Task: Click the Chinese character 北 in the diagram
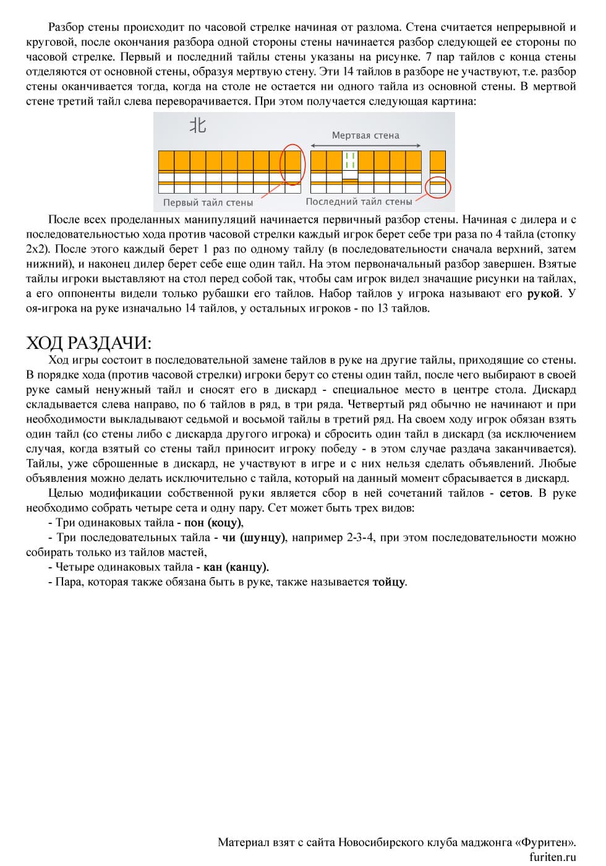pos(197,126)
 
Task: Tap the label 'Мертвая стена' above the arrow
pos(365,135)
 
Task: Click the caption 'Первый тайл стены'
pos(208,202)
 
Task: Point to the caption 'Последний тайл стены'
pos(359,202)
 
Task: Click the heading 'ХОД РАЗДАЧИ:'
pos(88,343)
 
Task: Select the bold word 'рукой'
pos(543,294)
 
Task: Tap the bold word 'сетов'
pos(514,493)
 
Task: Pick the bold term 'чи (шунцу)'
pos(254,538)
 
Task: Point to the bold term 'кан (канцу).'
pos(236,567)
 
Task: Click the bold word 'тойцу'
pos(389,582)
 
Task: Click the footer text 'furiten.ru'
pos(552,857)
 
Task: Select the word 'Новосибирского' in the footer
pos(379,842)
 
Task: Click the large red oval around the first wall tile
pos(292,164)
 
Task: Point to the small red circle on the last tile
pos(438,186)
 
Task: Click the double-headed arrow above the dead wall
pos(365,146)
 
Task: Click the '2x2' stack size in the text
pos(37,249)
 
